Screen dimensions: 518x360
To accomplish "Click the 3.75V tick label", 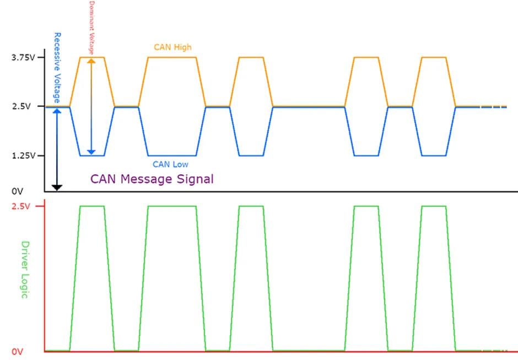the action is [x=23, y=57].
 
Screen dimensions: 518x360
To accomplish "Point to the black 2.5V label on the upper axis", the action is [x=21, y=106].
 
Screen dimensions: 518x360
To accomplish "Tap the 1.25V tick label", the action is [x=24, y=155].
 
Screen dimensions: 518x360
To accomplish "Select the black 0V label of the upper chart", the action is [x=18, y=191].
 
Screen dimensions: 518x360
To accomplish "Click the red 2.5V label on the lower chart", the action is [x=21, y=206].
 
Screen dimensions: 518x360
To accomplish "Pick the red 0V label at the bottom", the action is [x=18, y=352].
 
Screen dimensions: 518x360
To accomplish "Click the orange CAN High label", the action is [x=173, y=47].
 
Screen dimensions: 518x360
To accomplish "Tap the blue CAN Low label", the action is [x=170, y=164].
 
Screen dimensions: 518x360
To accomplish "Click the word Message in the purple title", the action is [x=147, y=179].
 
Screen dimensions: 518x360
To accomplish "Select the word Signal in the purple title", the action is [x=195, y=179].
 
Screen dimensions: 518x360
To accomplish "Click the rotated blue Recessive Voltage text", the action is [x=57, y=68].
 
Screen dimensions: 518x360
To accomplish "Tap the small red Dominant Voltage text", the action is [x=91, y=28].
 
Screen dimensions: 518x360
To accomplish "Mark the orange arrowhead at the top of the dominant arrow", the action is [x=91, y=61].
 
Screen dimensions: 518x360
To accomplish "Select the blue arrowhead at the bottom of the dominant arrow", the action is [x=91, y=152].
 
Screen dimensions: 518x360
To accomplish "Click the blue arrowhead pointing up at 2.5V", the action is [x=57, y=111].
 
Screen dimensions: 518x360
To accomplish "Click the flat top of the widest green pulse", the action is [x=172, y=207].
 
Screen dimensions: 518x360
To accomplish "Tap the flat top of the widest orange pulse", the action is [x=172, y=57].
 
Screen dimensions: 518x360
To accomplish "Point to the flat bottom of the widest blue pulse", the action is [x=172, y=155].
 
